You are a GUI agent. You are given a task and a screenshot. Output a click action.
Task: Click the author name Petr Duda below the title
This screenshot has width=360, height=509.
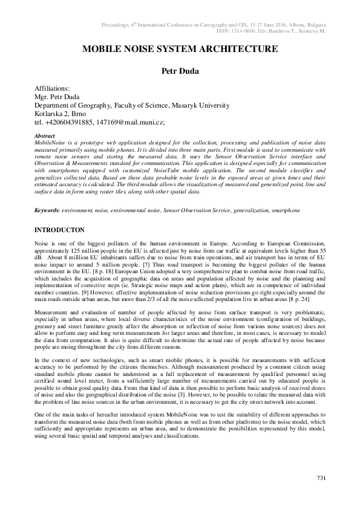click(180, 71)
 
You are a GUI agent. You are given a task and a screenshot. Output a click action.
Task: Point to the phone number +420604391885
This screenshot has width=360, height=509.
click(70, 122)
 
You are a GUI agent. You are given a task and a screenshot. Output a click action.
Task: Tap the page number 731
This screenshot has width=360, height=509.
click(321, 479)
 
